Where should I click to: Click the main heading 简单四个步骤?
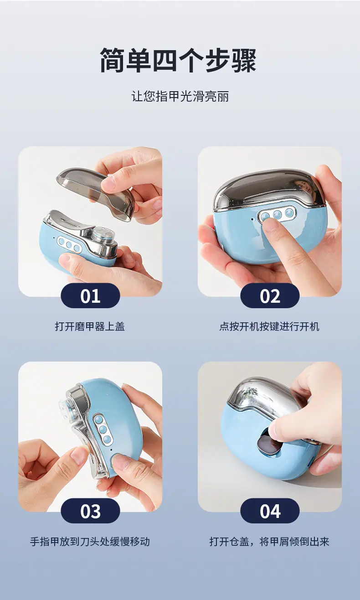click(178, 60)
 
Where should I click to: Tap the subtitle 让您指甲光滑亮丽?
click(180, 96)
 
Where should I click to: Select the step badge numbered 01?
click(90, 296)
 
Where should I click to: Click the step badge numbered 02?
click(270, 296)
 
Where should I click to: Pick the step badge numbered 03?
click(90, 511)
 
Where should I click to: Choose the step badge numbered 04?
click(270, 511)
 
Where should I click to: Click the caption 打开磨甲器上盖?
click(90, 326)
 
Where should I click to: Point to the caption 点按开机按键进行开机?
click(269, 326)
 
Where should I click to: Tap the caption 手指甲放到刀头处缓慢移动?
click(90, 542)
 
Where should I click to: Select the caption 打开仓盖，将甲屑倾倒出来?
click(269, 542)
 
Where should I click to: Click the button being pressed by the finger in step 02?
click(266, 216)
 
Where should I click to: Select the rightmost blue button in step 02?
click(288, 213)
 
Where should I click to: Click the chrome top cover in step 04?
click(264, 399)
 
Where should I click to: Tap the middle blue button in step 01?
click(69, 245)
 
